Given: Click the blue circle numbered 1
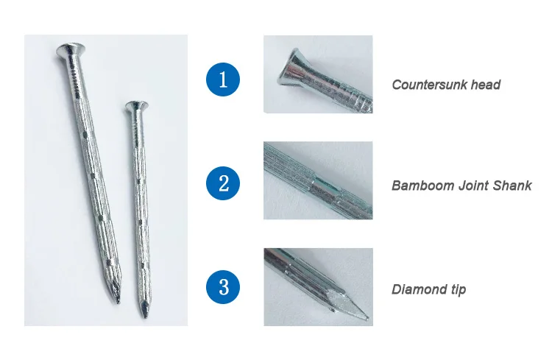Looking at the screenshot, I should click(x=224, y=79).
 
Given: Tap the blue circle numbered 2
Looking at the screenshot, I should click(x=224, y=183).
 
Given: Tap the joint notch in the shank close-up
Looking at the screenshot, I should click(x=316, y=177).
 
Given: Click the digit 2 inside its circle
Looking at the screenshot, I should click(x=224, y=183).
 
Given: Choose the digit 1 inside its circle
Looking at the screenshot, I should click(x=224, y=79).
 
